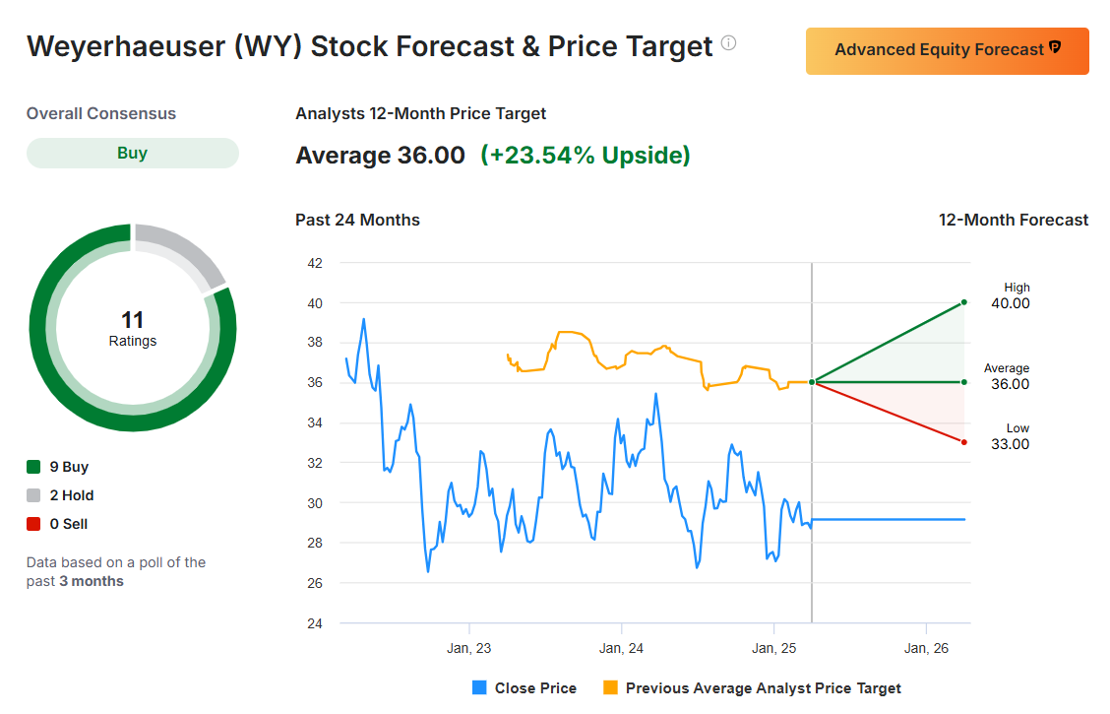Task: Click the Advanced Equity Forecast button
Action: pyautogui.click(x=947, y=50)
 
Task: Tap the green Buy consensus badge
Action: pyautogui.click(x=132, y=154)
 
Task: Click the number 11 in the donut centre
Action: pyautogui.click(x=132, y=320)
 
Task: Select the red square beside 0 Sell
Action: pyautogui.click(x=34, y=524)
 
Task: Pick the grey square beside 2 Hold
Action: pyautogui.click(x=34, y=495)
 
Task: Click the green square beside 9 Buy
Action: pyautogui.click(x=34, y=467)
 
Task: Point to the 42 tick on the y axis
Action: pyautogui.click(x=315, y=263)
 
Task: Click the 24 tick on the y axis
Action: pyautogui.click(x=315, y=623)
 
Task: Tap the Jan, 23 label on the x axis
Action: pyautogui.click(x=468, y=648)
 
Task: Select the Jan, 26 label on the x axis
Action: pyautogui.click(x=926, y=648)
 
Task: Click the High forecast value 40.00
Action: pyautogui.click(x=1011, y=303)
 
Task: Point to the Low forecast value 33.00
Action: pyautogui.click(x=1011, y=444)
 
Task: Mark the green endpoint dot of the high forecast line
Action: pyautogui.click(x=963, y=302)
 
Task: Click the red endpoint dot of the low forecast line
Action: pyautogui.click(x=963, y=442)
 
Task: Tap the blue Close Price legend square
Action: pyautogui.click(x=479, y=688)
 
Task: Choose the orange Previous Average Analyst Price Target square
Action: pyautogui.click(x=610, y=688)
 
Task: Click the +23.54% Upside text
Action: pyautogui.click(x=586, y=156)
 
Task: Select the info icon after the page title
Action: pyautogui.click(x=728, y=43)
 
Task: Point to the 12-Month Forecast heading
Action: pyautogui.click(x=1014, y=221)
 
